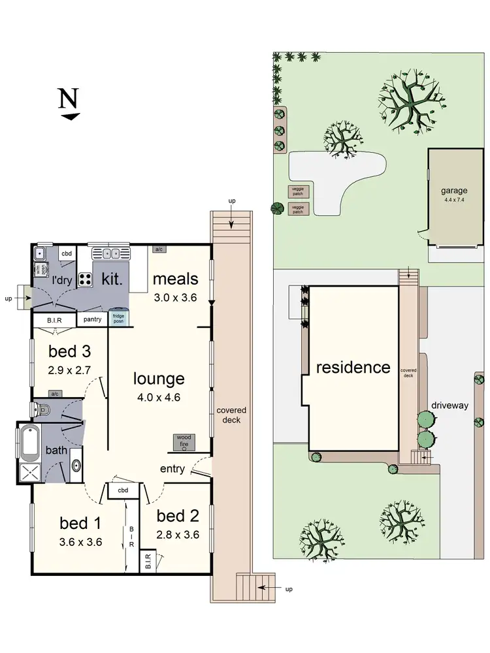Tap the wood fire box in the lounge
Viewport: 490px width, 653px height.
[x=184, y=443]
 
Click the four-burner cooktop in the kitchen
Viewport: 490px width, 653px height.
[x=86, y=279]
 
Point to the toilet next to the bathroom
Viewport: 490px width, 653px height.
[x=41, y=409]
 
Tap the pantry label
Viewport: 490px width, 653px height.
[x=92, y=319]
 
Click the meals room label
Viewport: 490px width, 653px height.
[x=175, y=279]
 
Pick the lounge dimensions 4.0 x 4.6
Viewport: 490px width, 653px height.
[x=159, y=396]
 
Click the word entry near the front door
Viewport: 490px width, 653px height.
[x=172, y=469]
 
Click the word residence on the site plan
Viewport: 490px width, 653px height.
[x=353, y=367]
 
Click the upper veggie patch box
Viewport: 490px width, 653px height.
[x=297, y=191]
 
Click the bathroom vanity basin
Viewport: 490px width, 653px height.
[x=76, y=466]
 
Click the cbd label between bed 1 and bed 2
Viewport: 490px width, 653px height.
[x=122, y=490]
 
